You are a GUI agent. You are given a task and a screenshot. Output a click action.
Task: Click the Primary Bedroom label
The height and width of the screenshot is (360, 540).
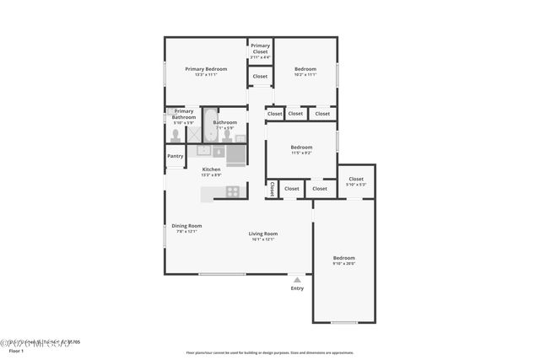[x=206, y=69]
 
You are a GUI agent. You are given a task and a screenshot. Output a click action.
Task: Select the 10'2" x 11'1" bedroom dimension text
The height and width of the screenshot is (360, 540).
[x=305, y=75]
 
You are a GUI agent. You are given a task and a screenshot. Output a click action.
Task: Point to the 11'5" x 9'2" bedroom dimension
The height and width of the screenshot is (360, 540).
[x=301, y=153]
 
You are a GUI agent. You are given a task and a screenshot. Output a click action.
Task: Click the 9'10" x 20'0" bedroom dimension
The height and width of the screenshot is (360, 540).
[x=343, y=263]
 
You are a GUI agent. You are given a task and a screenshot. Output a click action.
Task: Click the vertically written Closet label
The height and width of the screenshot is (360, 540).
[x=272, y=190]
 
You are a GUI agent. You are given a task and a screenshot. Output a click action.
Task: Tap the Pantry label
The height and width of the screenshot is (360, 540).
[x=175, y=156]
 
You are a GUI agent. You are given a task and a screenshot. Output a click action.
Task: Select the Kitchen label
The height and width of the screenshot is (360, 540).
[x=211, y=169]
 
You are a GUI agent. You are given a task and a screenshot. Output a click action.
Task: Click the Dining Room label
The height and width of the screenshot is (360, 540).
[x=186, y=226]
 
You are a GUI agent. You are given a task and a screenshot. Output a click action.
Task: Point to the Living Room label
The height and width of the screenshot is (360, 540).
[x=262, y=234]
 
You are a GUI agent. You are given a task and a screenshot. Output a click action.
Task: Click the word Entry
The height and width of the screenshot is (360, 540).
[x=297, y=288]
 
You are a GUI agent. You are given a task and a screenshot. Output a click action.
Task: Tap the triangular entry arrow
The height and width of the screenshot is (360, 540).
[x=297, y=279]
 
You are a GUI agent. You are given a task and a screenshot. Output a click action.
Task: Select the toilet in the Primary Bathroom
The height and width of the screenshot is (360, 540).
[x=175, y=137]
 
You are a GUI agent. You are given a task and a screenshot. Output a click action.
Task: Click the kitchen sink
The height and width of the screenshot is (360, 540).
[x=203, y=151]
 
